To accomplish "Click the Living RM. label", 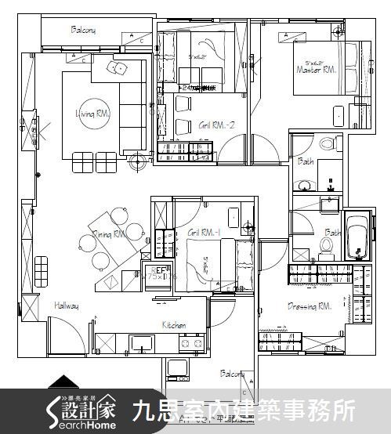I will (x=92, y=114).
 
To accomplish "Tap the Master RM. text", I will (x=316, y=70).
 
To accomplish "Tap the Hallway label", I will (x=66, y=306).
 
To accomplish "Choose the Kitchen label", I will (x=173, y=324).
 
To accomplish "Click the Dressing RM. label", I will (x=310, y=306).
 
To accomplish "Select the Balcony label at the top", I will (x=83, y=31).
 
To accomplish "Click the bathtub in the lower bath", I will (x=357, y=234).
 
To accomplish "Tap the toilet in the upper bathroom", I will (x=328, y=144).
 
